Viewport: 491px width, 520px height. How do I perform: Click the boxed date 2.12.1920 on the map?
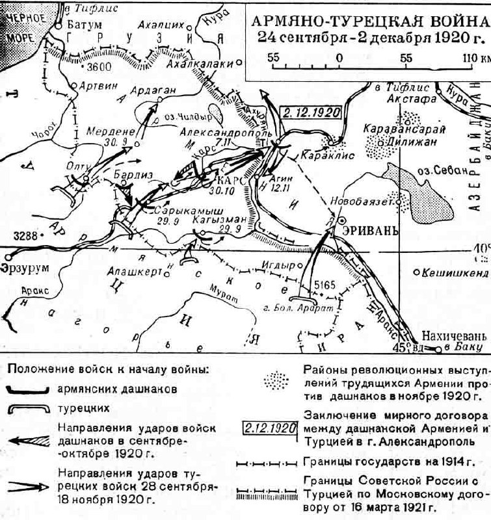[312, 112]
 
